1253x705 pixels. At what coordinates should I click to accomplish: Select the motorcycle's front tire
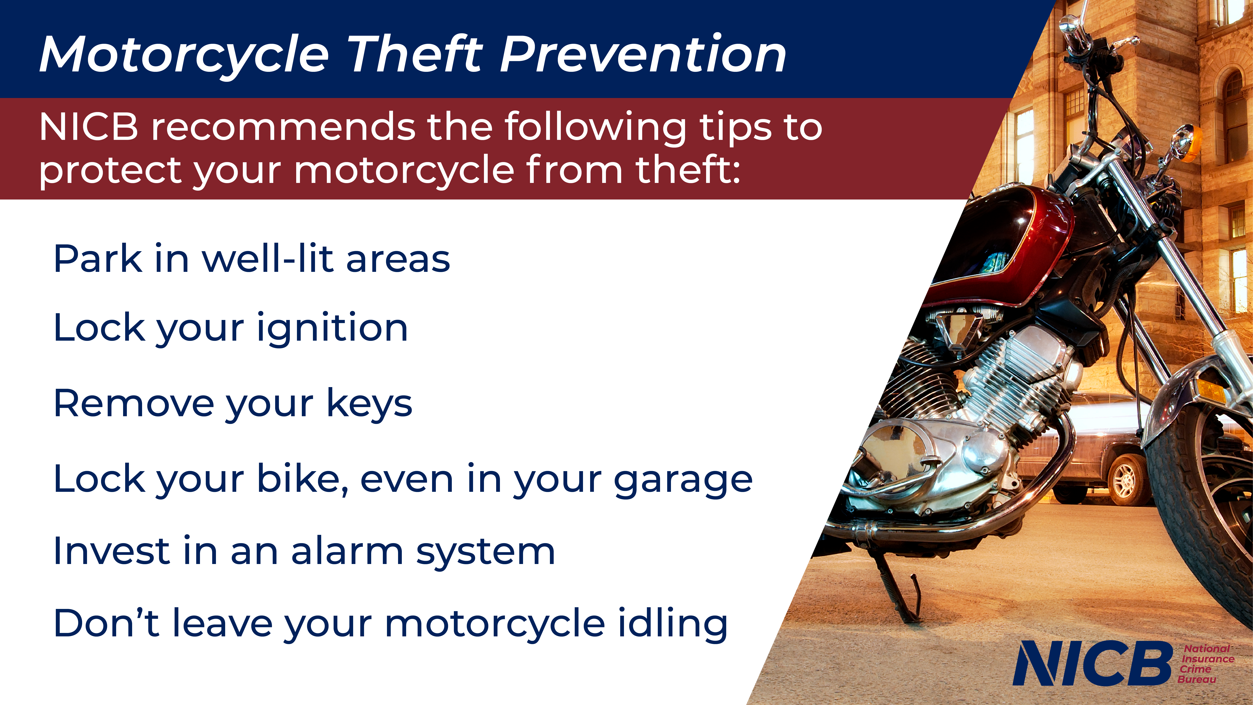coord(1202,511)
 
